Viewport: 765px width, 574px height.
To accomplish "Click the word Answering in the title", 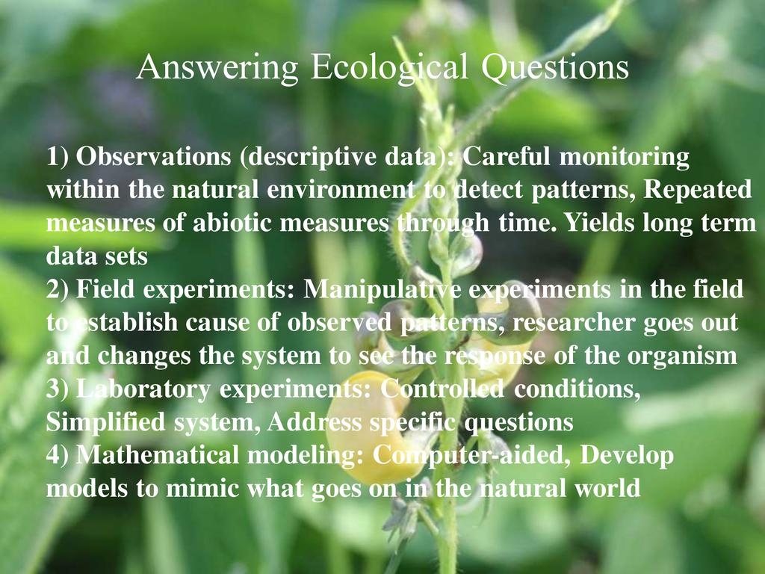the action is tap(217, 68).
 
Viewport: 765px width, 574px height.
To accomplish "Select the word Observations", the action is tap(153, 156).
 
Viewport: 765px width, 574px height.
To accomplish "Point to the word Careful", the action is tap(506, 156).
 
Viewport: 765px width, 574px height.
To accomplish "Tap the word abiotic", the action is tap(232, 223).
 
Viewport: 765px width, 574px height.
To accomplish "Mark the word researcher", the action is tap(573, 323).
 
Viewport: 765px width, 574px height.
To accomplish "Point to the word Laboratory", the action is tap(143, 389).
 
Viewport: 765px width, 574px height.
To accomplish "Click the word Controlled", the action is tap(442, 389).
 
